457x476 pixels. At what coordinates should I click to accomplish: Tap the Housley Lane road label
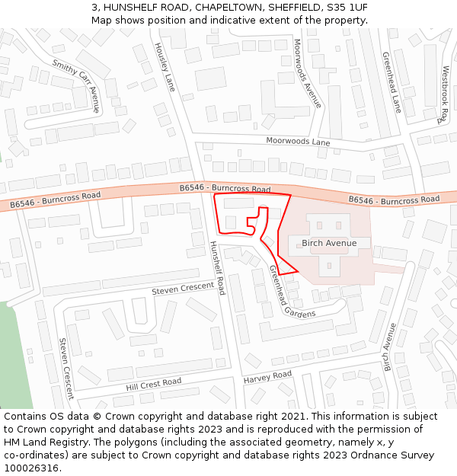point(165,67)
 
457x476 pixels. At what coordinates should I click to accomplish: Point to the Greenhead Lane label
point(391,82)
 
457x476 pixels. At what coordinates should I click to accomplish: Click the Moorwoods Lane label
point(298,142)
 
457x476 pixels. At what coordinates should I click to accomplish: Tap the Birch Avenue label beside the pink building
point(329,243)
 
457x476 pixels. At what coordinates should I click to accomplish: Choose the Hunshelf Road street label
point(217,267)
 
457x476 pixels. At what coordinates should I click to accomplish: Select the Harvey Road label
point(267,377)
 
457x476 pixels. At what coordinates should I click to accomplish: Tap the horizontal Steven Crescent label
point(183,289)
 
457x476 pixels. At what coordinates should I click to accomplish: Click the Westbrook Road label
point(445,95)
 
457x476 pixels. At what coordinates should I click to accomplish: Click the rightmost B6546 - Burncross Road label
point(394,200)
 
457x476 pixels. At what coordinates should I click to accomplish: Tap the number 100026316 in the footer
point(32,468)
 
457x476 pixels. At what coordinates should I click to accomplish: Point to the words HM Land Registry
point(44,442)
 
